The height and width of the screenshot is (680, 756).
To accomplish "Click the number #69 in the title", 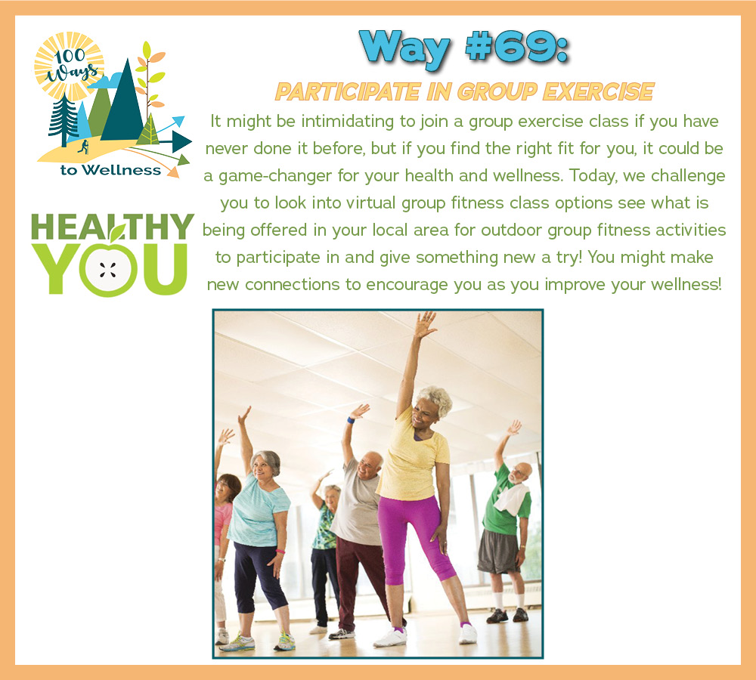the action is (516, 47).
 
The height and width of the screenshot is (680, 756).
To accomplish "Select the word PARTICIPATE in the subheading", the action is (347, 91).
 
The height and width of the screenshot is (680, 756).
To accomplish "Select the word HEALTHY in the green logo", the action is (113, 227).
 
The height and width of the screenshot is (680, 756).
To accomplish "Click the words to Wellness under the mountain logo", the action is (111, 170).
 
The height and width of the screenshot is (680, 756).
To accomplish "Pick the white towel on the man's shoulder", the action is (513, 499).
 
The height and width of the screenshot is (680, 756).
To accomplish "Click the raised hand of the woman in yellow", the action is (425, 324).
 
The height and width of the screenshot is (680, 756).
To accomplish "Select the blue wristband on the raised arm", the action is (351, 420).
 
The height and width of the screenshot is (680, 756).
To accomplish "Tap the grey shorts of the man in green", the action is (498, 552).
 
